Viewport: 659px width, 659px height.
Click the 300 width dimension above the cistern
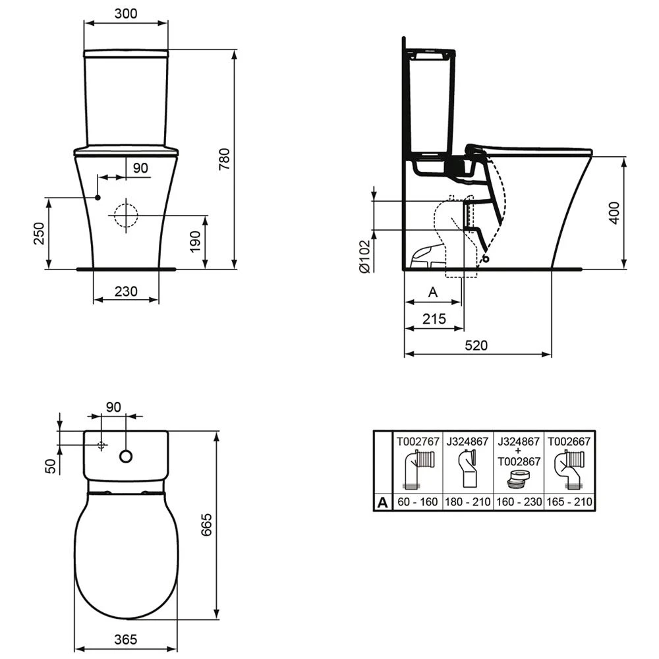tap(125, 13)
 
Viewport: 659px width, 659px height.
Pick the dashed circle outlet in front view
tap(124, 215)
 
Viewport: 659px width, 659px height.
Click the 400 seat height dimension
tap(614, 212)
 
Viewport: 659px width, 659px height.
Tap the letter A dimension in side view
tap(433, 291)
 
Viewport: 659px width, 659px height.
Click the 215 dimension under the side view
tap(433, 319)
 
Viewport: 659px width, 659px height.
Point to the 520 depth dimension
tap(476, 345)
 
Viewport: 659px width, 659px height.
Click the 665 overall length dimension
tap(206, 525)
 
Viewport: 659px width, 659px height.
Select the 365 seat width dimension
tap(125, 639)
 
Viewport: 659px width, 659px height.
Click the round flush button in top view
tap(126, 456)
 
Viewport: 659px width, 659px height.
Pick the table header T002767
tap(416, 441)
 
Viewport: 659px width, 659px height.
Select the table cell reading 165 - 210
tap(569, 502)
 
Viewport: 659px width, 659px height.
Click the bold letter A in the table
tap(382, 503)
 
